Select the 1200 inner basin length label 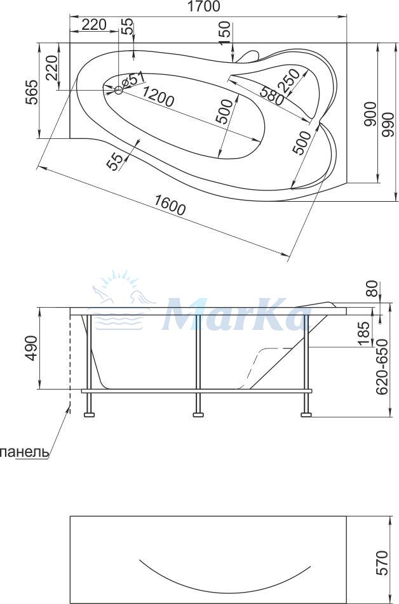point(158,96)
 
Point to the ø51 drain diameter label point(132,80)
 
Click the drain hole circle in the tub point(118,91)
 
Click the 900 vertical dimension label point(370,114)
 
